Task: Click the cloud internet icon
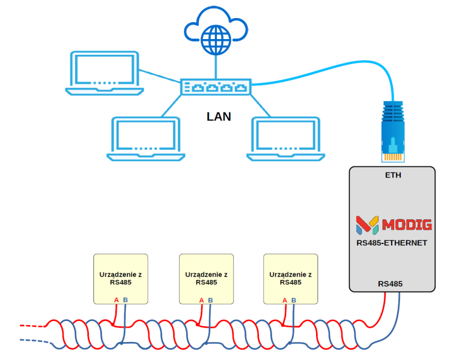click(216, 34)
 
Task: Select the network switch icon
click(216, 87)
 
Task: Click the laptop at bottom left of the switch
click(146, 139)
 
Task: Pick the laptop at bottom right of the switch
click(285, 139)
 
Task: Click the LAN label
click(219, 117)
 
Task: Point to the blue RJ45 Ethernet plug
click(393, 132)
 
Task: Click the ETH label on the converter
click(393, 175)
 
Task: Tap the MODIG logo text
click(407, 225)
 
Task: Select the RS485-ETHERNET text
click(392, 243)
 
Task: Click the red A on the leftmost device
click(117, 300)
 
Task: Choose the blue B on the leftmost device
click(125, 300)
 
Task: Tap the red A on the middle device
click(201, 300)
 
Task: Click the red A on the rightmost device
click(285, 300)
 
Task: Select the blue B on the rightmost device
click(294, 300)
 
